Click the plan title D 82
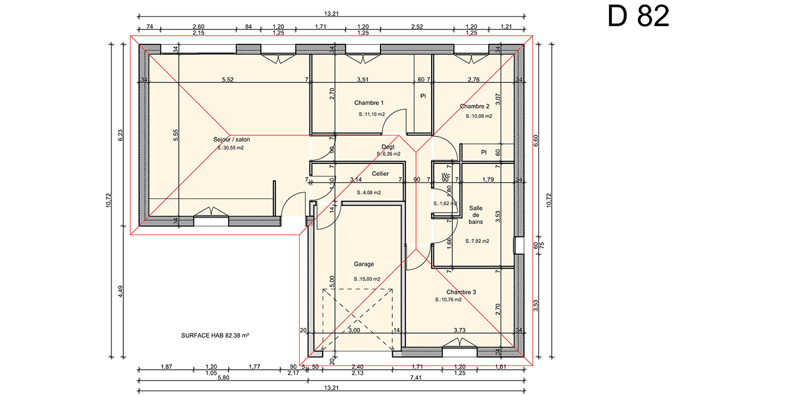[x=638, y=16]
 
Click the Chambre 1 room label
[x=369, y=103]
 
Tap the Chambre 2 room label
[x=475, y=106]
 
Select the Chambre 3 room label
[x=461, y=292]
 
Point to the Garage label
[x=364, y=264]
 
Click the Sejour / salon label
[x=231, y=140]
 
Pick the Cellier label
[x=380, y=173]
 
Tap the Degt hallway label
[x=388, y=147]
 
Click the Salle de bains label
[x=476, y=215]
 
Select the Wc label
[x=446, y=175]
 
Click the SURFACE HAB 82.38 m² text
[x=215, y=336]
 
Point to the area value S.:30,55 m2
[x=230, y=148]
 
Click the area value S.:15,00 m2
[x=367, y=279]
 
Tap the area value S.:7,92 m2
[x=477, y=241]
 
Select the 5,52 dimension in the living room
[x=228, y=80]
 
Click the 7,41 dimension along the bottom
[x=416, y=378]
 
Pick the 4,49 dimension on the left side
[x=120, y=291]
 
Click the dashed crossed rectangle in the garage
[x=358, y=321]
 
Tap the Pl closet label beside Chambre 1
[x=423, y=96]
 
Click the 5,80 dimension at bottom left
[x=224, y=378]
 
